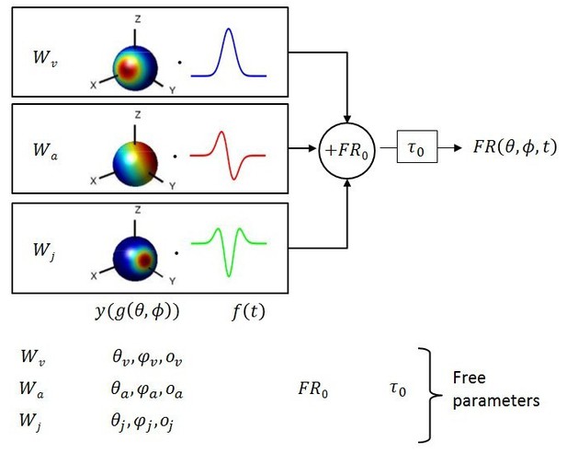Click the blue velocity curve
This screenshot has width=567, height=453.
click(229, 29)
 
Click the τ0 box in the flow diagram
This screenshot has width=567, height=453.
click(417, 146)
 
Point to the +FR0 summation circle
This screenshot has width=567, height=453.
click(346, 150)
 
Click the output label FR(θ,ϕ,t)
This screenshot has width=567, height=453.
click(515, 147)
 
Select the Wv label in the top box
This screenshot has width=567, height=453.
click(45, 58)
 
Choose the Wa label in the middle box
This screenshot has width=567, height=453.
click(45, 150)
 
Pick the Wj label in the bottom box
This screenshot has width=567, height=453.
click(44, 250)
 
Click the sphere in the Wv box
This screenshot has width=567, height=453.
click(135, 67)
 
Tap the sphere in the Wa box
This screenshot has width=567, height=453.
click(135, 164)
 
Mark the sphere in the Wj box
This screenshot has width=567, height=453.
click(135, 258)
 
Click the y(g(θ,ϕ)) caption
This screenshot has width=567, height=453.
click(137, 311)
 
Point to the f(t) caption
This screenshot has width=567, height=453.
click(248, 311)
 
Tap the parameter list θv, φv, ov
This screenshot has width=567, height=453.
click(147, 357)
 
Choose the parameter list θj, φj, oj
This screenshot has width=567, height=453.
click(142, 422)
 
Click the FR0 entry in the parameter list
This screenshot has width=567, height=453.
click(313, 389)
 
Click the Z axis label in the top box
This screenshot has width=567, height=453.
click(138, 19)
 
